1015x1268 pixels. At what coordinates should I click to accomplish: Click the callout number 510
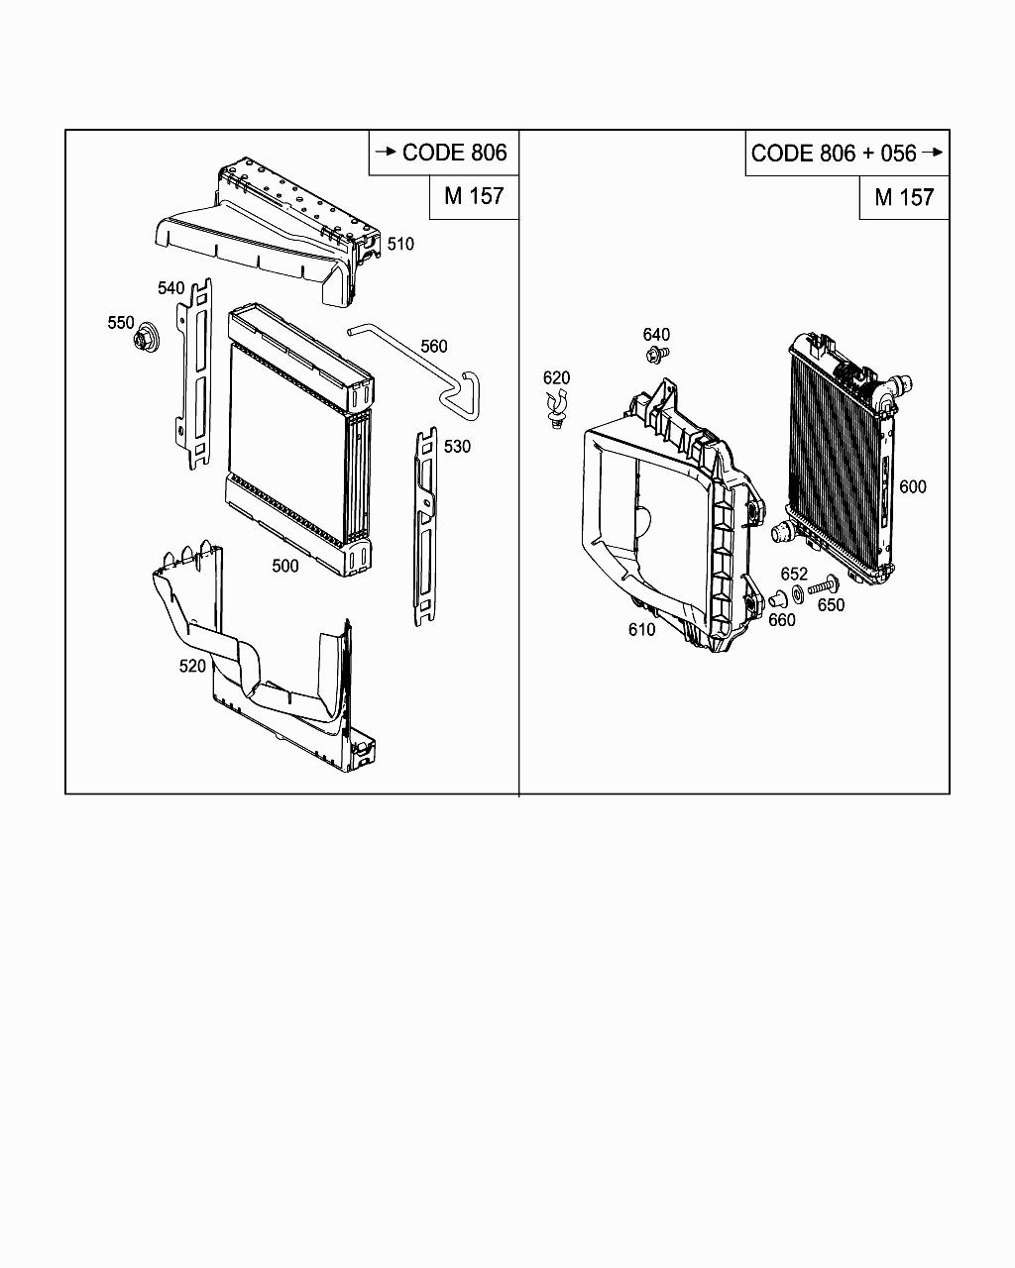tap(400, 244)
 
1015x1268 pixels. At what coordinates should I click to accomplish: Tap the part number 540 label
tap(171, 287)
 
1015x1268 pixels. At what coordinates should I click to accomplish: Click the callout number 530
tap(457, 447)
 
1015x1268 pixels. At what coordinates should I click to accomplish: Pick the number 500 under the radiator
tap(285, 566)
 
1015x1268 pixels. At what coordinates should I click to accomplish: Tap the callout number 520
tap(192, 666)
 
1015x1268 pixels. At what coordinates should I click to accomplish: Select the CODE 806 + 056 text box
tap(846, 154)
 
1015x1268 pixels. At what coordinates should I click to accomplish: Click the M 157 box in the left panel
tap(474, 196)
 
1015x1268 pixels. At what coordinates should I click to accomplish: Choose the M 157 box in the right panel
tap(904, 197)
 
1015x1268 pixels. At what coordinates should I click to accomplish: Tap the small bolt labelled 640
tap(655, 354)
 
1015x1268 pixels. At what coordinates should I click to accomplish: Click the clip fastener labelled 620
tap(558, 407)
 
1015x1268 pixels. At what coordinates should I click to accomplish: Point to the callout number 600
tap(913, 486)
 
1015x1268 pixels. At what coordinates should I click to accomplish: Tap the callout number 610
tap(641, 629)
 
